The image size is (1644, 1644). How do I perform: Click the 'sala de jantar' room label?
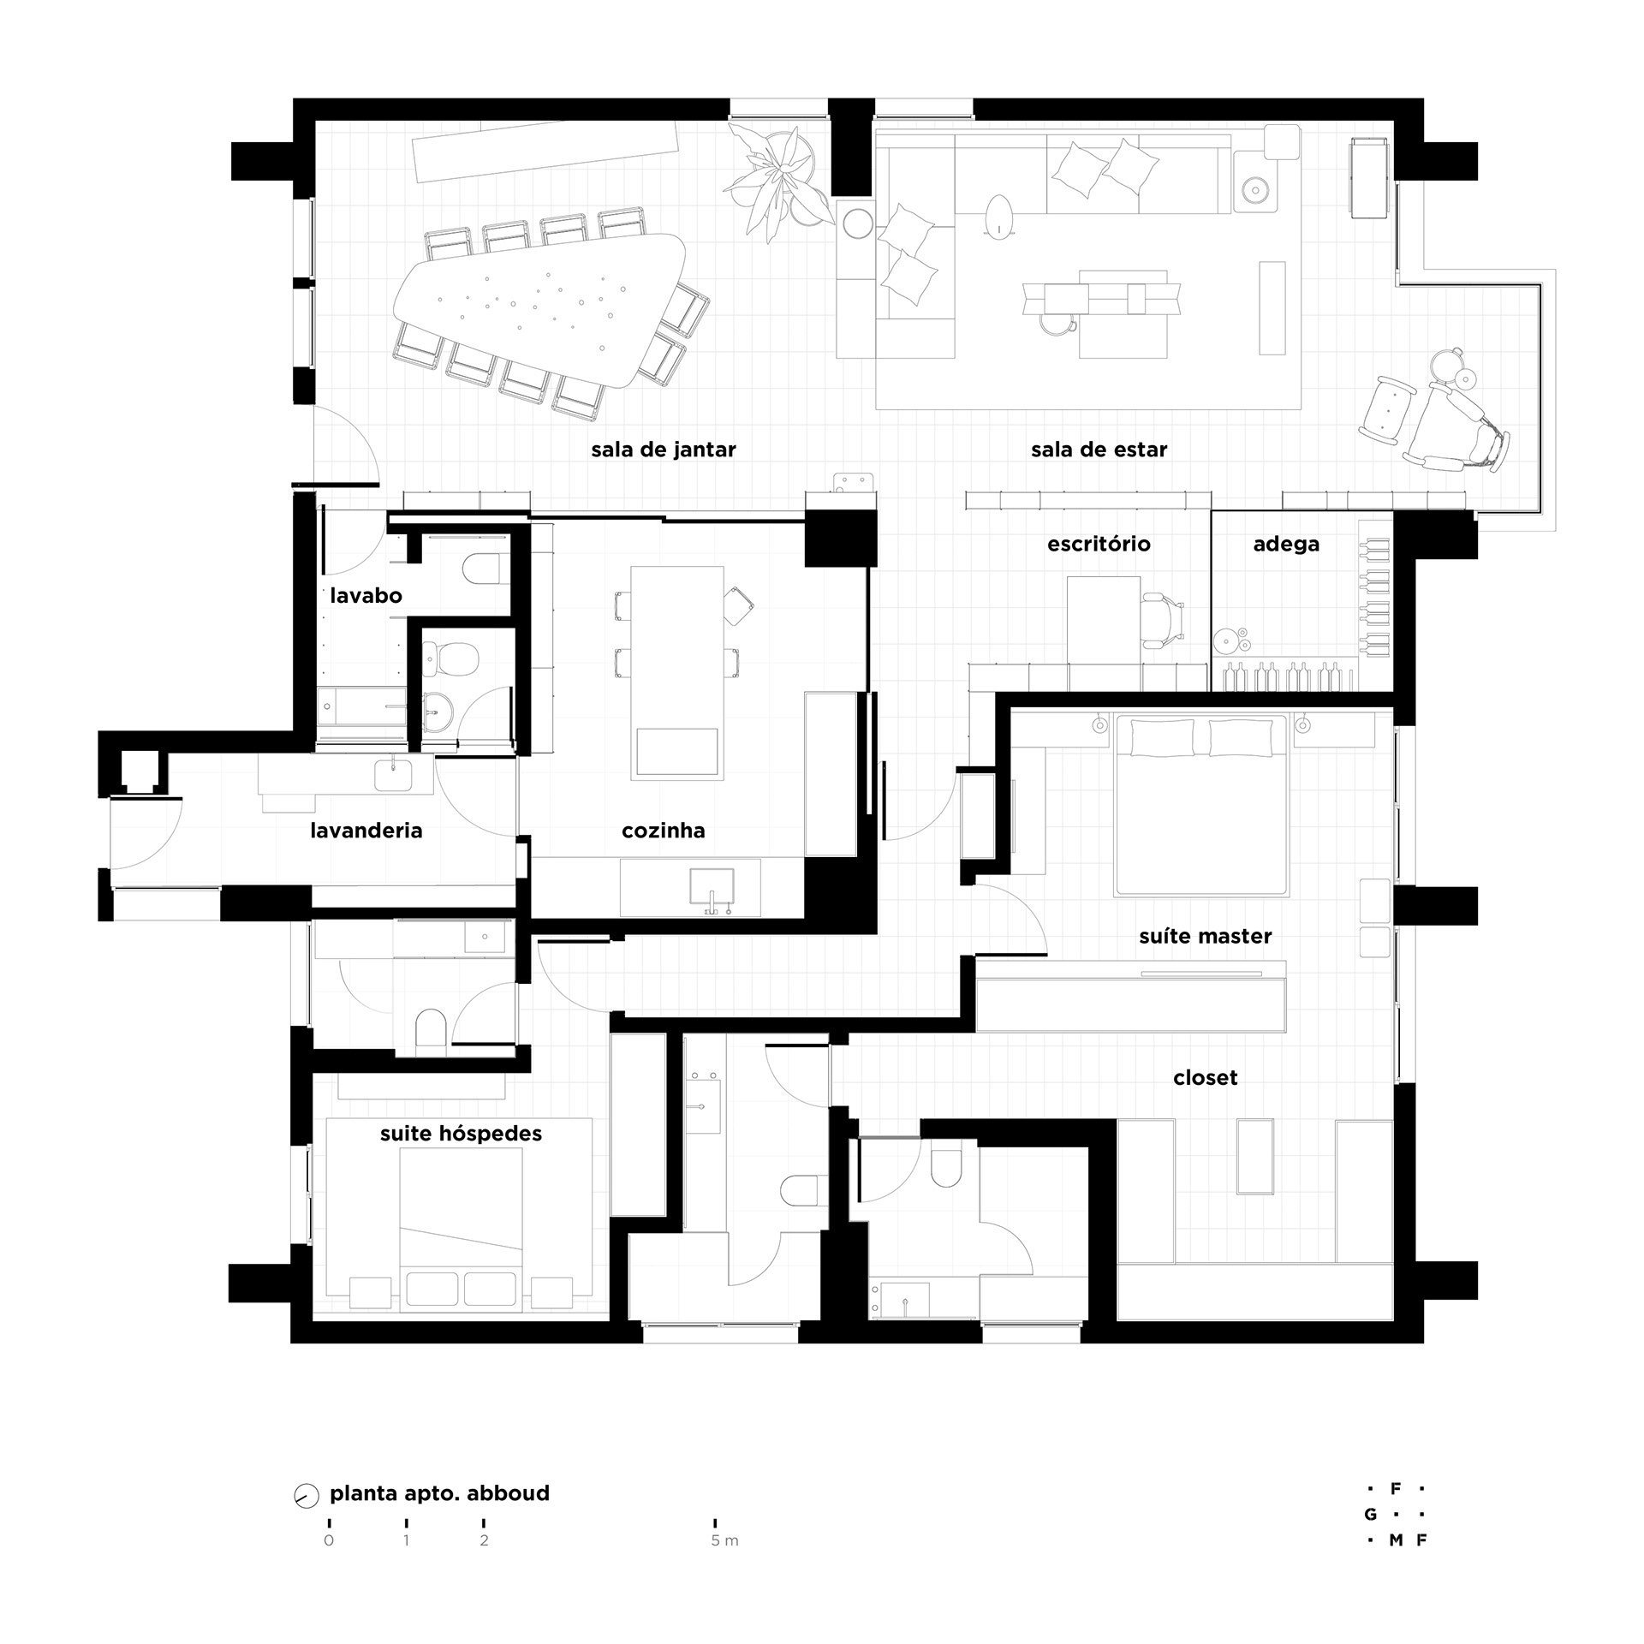tap(664, 450)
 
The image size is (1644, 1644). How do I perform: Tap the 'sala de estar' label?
tap(1099, 450)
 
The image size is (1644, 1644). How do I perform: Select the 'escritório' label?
tap(1099, 544)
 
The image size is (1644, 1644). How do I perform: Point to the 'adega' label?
tap(1286, 545)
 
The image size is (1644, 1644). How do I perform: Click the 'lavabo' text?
tap(366, 596)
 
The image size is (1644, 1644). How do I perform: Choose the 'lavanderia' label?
tap(366, 830)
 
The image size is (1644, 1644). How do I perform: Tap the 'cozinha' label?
tap(664, 830)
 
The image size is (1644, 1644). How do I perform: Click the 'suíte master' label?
tap(1206, 936)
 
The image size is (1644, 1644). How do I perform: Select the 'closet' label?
tap(1206, 1078)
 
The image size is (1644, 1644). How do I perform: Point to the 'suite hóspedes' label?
tap(462, 1134)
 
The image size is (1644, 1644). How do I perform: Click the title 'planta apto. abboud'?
tap(440, 1493)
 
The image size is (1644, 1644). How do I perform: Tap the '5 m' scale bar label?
tap(724, 1540)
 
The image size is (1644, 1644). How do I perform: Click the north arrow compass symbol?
tap(306, 1494)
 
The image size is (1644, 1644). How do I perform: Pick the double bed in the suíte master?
tap(1201, 805)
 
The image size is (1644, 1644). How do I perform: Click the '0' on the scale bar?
tap(329, 1540)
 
